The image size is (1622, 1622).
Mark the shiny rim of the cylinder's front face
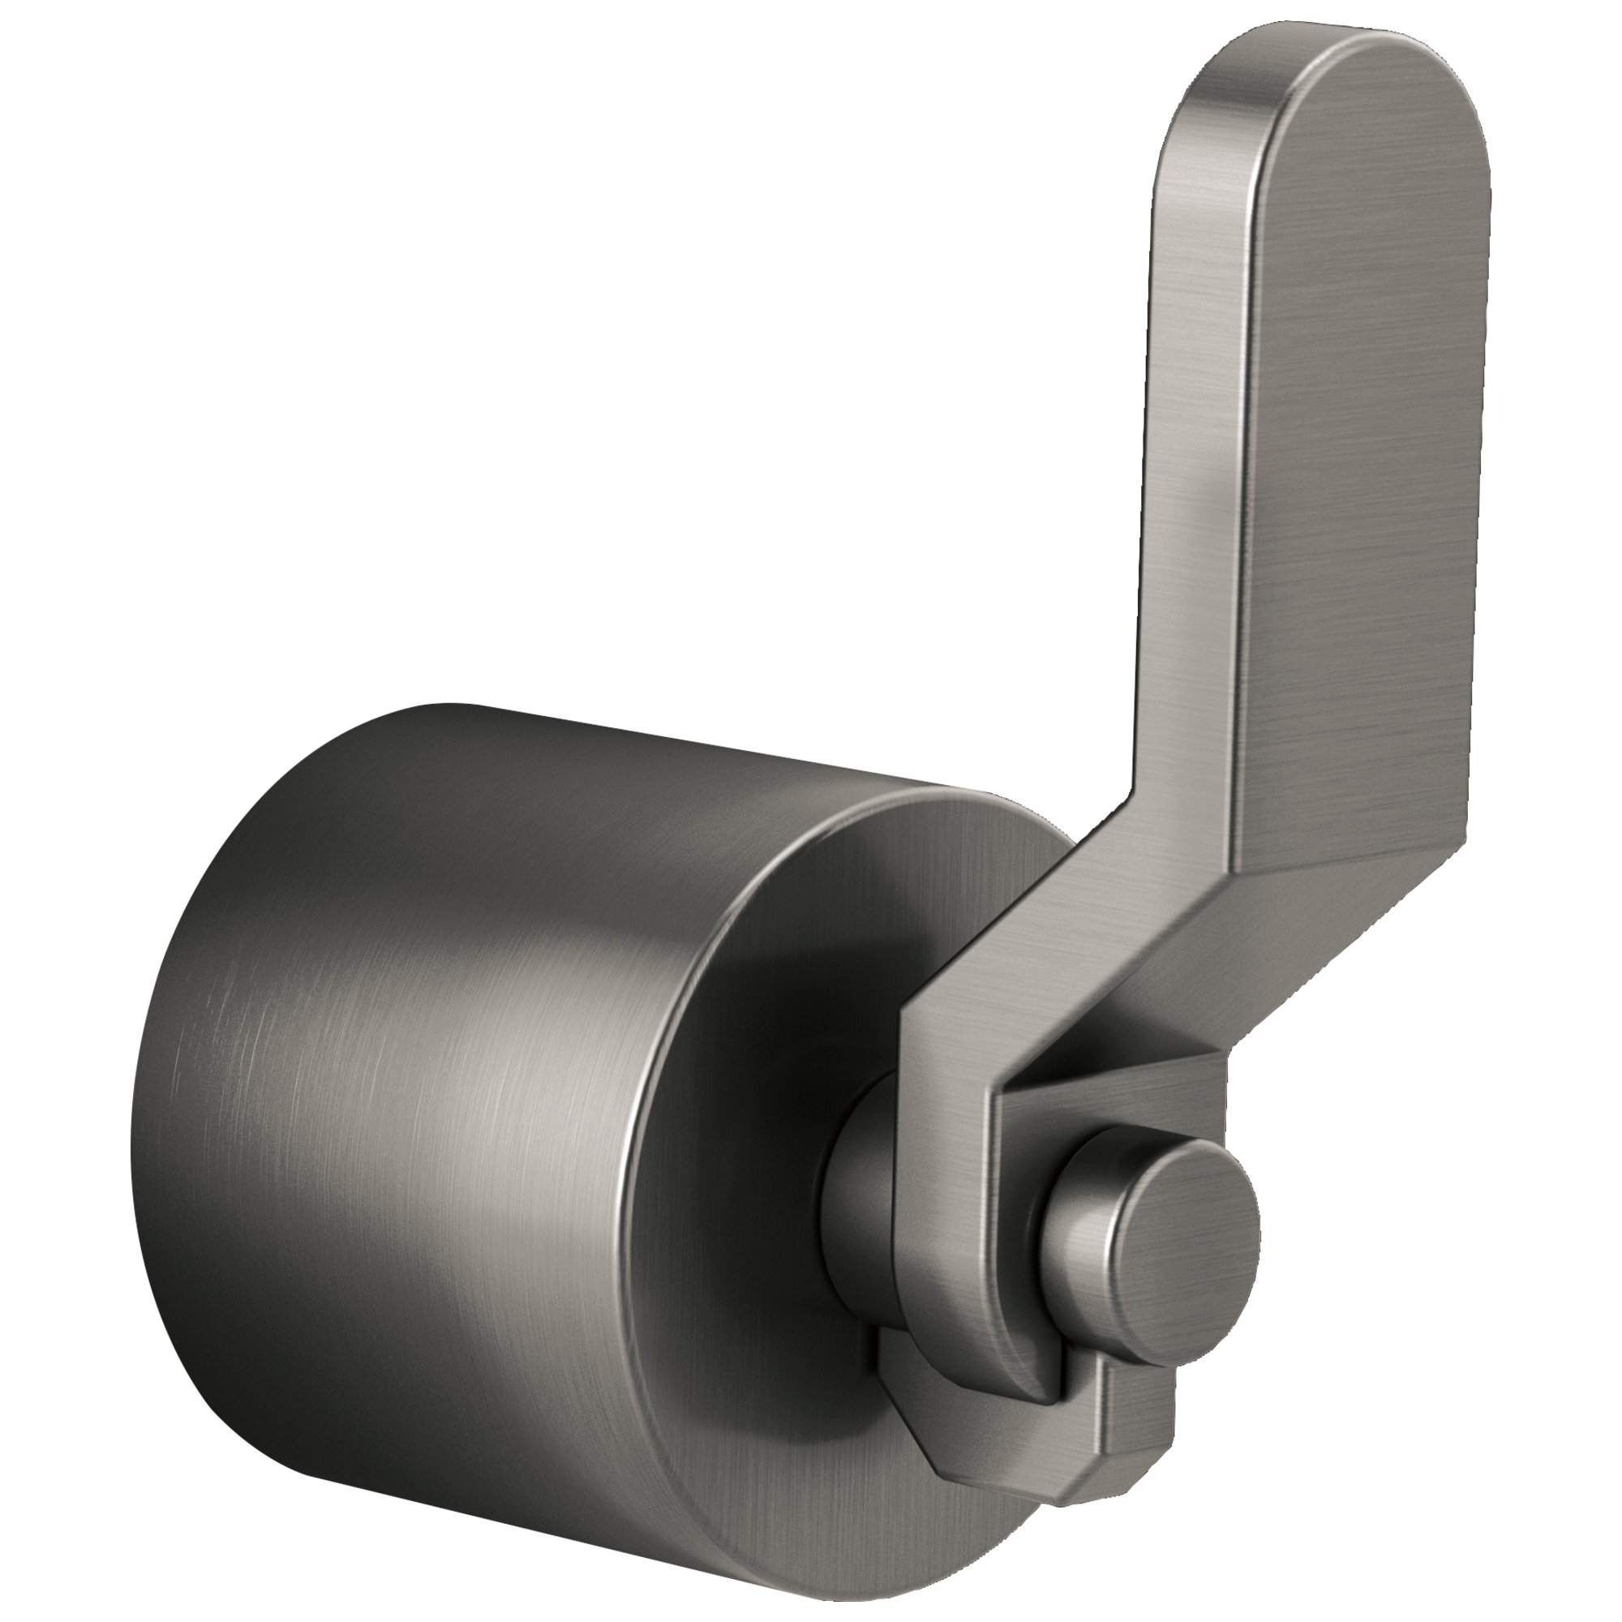click(x=646, y=1092)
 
